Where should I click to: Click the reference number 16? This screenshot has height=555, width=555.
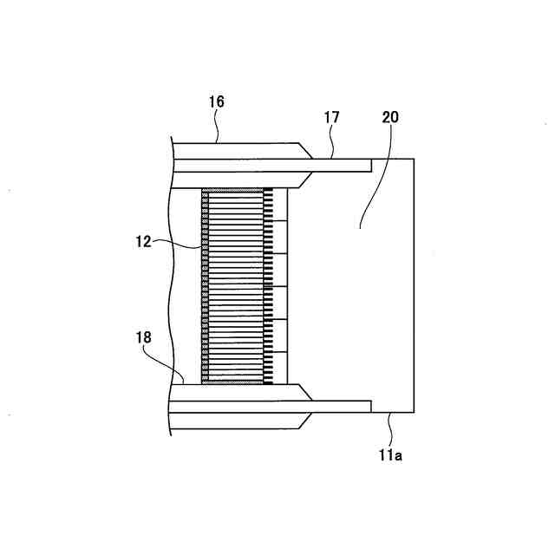tap(216, 102)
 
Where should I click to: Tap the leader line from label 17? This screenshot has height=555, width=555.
tap(332, 142)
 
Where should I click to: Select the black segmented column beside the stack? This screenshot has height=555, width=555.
tap(268, 286)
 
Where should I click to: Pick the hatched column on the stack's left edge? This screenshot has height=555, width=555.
tap(205, 286)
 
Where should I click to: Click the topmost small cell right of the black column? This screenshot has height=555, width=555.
tap(279, 205)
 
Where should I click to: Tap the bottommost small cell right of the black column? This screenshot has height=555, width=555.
tap(279, 368)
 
